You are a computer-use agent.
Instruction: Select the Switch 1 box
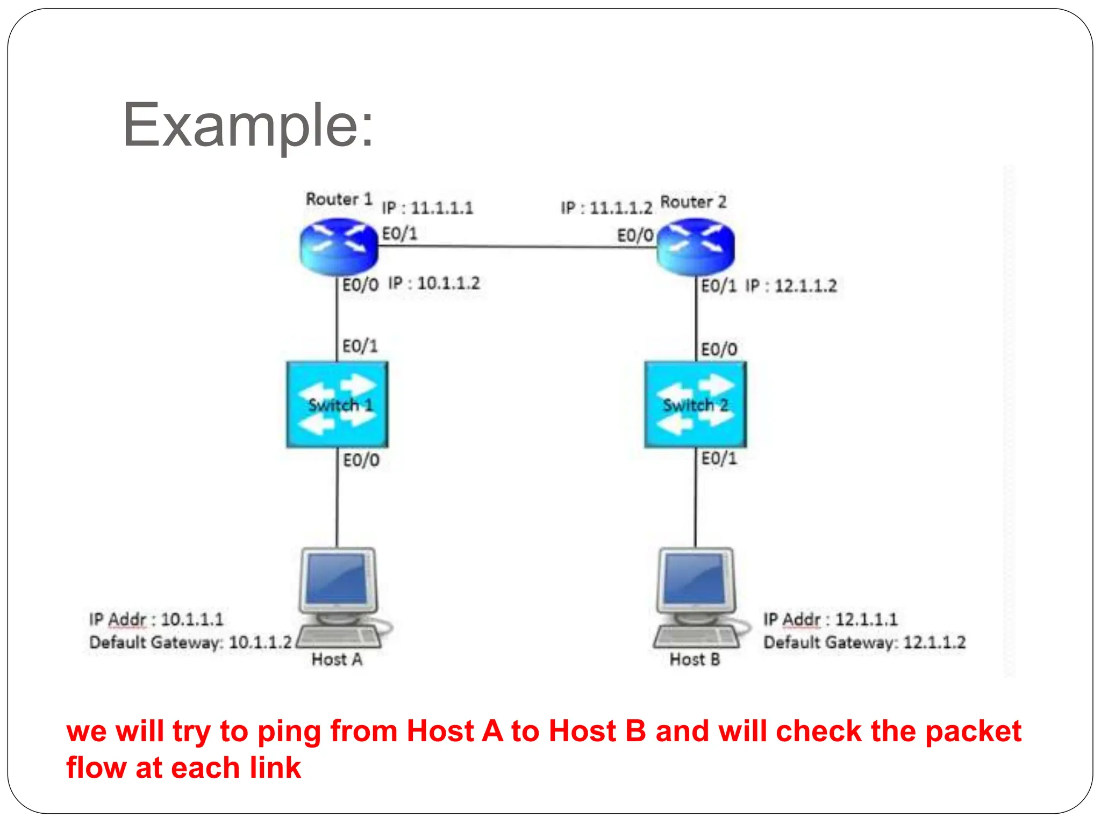(338, 404)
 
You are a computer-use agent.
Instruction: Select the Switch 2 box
(696, 404)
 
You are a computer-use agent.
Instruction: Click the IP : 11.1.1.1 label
(427, 208)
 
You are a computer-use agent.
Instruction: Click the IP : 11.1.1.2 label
(606, 208)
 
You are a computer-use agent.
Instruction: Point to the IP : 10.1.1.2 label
(434, 283)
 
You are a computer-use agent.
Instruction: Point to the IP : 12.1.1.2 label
(791, 286)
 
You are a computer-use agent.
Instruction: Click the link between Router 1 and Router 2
(516, 247)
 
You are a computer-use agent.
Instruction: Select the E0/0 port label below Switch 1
(361, 460)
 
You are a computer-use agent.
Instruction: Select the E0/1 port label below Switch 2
(719, 459)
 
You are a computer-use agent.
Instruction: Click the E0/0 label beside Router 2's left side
(635, 235)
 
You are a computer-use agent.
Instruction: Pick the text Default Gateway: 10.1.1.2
(191, 642)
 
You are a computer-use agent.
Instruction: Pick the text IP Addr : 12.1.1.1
(831, 619)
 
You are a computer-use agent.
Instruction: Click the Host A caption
(337, 660)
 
